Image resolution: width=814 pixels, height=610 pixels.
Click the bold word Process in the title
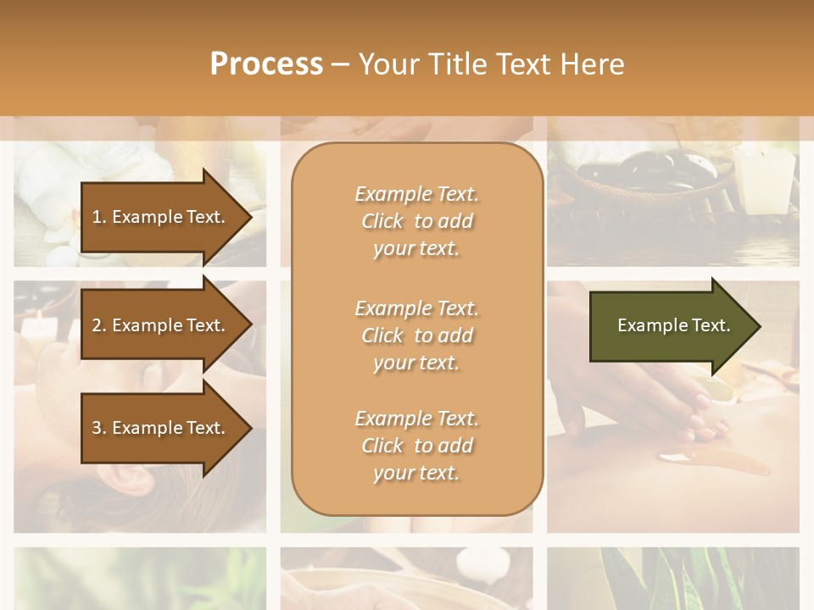coord(266,64)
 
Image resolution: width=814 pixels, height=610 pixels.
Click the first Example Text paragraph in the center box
coord(416,221)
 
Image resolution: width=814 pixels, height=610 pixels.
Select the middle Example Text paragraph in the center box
coord(416,335)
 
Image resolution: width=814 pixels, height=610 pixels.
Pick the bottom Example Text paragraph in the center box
coord(416,446)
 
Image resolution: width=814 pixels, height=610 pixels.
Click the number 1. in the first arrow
coord(99,217)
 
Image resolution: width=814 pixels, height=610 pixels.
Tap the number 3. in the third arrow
coord(99,428)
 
